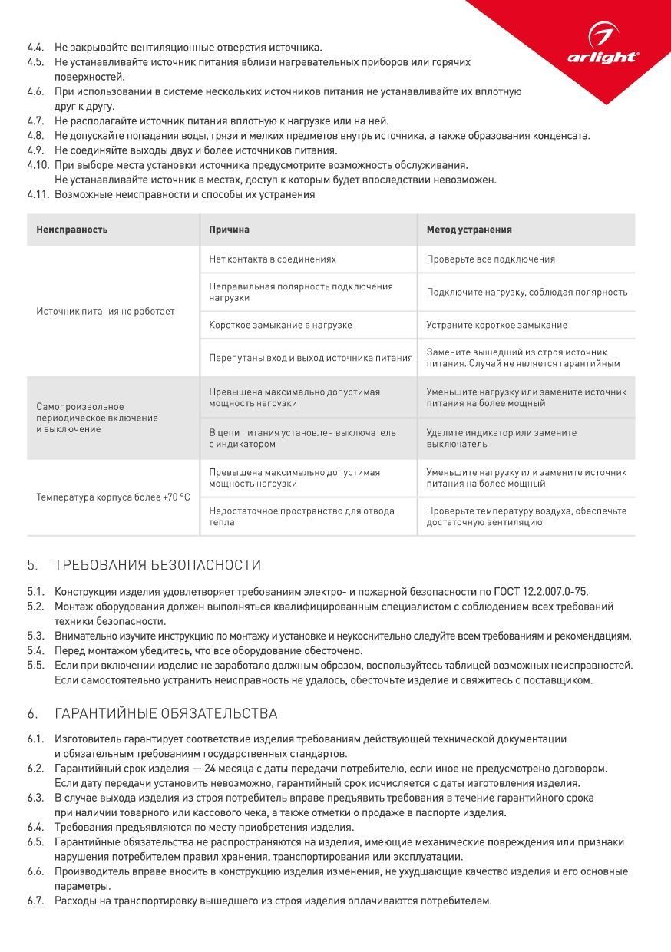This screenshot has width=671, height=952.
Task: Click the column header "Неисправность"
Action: tap(72, 230)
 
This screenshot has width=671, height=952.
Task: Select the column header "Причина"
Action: tap(229, 230)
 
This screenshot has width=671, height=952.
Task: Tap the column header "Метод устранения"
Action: tap(469, 230)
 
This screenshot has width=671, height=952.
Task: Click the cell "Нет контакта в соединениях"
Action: tap(273, 259)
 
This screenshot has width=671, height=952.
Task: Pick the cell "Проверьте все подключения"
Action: tap(491, 259)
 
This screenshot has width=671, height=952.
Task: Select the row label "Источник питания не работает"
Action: tap(105, 312)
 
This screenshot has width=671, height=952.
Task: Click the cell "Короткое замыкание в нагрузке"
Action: tap(280, 325)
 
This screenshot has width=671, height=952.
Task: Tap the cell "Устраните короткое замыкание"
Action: tap(497, 325)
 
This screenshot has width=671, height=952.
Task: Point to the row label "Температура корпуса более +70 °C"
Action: tap(113, 497)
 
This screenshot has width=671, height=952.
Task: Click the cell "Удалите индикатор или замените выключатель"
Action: tap(501, 438)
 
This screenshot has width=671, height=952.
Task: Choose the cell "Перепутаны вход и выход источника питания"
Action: tap(310, 358)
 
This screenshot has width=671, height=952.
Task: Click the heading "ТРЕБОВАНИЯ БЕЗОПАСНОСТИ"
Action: tap(157, 565)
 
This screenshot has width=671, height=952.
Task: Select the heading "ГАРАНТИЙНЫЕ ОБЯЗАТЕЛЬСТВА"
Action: tap(166, 714)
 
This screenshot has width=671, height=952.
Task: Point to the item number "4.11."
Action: tap(38, 194)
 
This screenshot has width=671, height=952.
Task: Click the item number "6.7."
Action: tap(35, 901)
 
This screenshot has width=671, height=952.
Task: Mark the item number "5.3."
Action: tap(35, 636)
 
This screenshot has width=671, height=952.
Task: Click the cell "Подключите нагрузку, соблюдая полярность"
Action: tap(527, 292)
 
